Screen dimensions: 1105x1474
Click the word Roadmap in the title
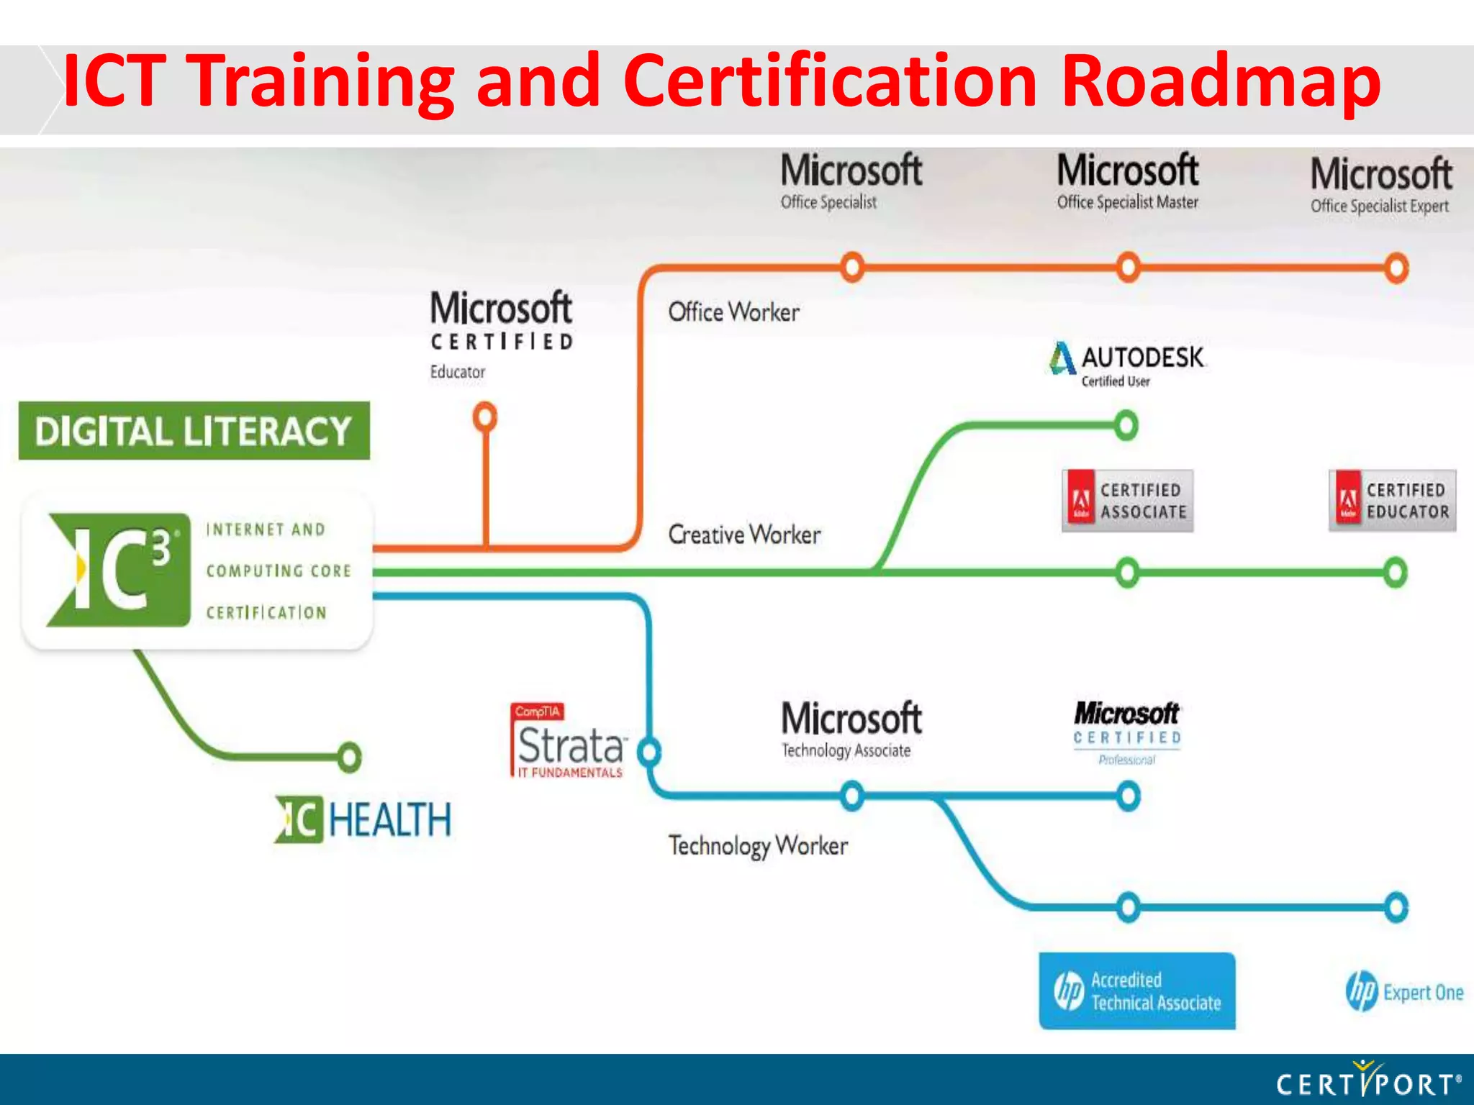[x=1220, y=81]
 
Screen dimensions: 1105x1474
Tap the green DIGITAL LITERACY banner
[x=194, y=431]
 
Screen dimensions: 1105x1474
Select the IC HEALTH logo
[x=364, y=819]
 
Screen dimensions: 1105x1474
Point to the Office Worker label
[x=733, y=312]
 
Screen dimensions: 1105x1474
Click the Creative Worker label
[x=744, y=535]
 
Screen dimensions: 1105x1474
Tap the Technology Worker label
[x=758, y=846]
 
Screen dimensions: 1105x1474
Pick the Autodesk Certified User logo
[x=1127, y=363]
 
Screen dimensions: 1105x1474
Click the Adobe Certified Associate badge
[x=1127, y=501]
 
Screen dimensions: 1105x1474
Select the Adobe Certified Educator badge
[x=1392, y=501]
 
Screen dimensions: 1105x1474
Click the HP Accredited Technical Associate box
[x=1136, y=991]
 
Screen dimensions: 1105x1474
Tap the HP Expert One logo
[x=1403, y=992]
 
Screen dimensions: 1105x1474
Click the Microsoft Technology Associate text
[x=851, y=729]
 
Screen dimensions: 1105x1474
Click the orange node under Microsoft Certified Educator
[x=485, y=417]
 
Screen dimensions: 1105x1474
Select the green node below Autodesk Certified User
[x=1126, y=425]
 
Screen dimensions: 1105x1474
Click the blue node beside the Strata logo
[x=649, y=752]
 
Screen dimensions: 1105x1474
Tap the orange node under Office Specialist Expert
[x=1396, y=268]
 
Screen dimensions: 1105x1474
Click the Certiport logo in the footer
[x=1367, y=1081]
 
